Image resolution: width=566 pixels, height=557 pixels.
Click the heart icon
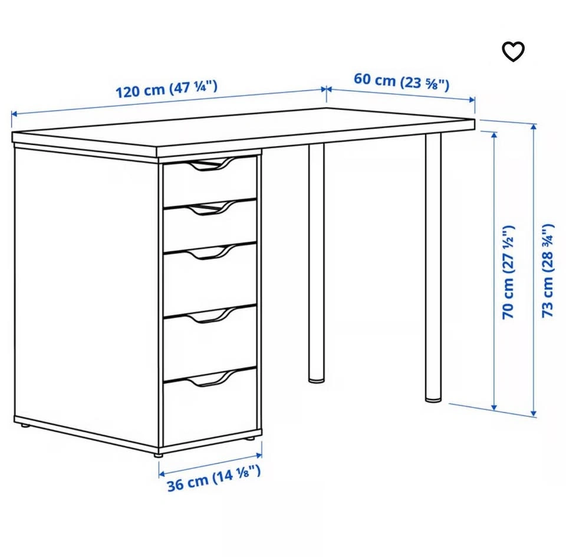point(514,52)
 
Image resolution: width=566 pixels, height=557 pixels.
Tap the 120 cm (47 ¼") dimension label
point(166,89)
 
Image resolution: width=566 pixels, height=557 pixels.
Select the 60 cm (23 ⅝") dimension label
point(402,81)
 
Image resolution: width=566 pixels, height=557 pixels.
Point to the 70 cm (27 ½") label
point(508,272)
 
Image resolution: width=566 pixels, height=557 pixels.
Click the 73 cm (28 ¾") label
point(548,271)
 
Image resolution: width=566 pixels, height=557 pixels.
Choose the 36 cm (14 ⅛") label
point(213,479)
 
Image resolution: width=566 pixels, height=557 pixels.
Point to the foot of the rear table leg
point(316,380)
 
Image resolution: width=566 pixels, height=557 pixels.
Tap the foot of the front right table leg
point(433,399)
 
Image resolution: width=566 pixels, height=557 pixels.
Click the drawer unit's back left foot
point(25,426)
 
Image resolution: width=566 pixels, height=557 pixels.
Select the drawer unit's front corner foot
point(158,455)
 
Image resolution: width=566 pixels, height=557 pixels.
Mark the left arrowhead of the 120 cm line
point(14,114)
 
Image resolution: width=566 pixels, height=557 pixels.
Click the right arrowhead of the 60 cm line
point(472,100)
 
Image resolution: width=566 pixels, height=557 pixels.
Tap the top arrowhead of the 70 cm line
point(494,135)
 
